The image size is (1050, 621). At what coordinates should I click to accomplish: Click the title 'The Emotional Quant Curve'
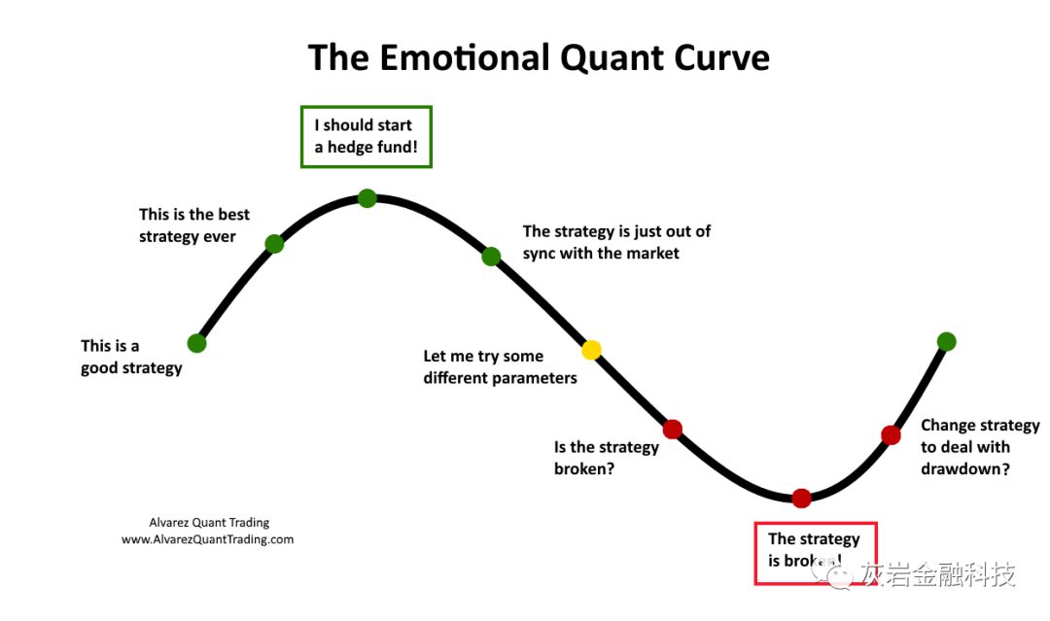click(x=539, y=57)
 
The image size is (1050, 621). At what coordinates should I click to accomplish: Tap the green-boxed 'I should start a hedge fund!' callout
click(x=367, y=136)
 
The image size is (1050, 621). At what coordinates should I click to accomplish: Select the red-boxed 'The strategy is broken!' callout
click(x=816, y=553)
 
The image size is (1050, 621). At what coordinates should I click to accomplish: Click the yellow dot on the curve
click(x=591, y=349)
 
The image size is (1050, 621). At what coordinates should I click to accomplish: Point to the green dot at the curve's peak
click(x=367, y=198)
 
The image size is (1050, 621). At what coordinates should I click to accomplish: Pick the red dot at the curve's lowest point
click(x=801, y=498)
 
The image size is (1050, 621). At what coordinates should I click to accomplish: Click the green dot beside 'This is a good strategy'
click(x=196, y=343)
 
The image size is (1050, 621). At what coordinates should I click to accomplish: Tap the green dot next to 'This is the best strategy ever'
click(x=274, y=244)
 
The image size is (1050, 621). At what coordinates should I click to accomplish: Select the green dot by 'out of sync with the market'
click(x=491, y=256)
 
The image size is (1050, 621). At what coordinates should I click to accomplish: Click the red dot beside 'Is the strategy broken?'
click(x=673, y=429)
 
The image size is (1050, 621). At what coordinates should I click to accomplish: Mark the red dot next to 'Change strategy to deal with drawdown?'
click(x=891, y=435)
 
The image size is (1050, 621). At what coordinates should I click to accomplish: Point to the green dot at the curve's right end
click(x=946, y=341)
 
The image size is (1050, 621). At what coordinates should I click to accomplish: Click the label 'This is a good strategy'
click(x=131, y=357)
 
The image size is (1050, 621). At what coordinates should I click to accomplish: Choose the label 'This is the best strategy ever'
click(x=194, y=225)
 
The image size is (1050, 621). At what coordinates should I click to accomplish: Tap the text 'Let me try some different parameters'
click(x=501, y=366)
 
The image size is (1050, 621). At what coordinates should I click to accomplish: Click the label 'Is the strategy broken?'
click(x=606, y=458)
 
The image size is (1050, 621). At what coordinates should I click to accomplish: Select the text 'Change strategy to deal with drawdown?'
click(x=980, y=447)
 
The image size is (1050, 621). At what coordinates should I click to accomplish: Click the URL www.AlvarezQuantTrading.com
click(x=208, y=539)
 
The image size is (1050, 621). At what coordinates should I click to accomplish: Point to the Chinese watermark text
click(x=937, y=573)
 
